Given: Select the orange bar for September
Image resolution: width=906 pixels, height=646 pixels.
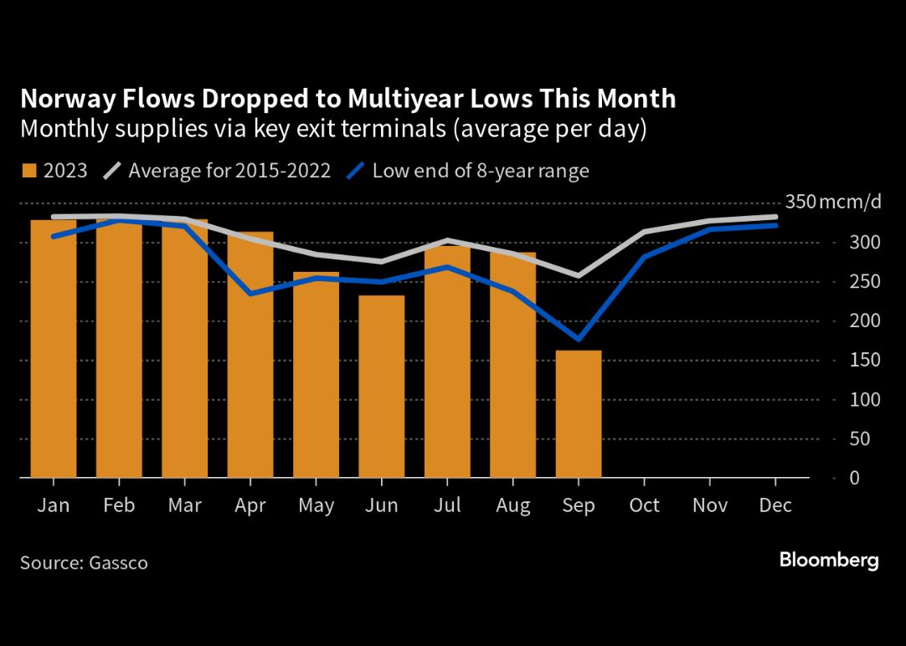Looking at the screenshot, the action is point(579,414).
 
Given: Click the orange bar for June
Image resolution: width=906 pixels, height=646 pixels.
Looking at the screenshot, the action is point(381,387).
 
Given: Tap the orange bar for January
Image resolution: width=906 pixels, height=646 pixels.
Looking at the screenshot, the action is point(53,349).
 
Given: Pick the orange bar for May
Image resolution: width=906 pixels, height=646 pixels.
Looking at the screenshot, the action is point(316,375).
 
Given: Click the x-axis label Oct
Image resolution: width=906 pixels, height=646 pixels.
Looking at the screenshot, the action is point(644,505).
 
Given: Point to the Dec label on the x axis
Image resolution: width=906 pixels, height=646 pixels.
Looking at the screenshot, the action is point(775,505).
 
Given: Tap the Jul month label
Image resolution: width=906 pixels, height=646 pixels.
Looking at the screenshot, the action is point(447,505).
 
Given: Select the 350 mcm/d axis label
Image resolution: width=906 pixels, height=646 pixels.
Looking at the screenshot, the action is point(833,202).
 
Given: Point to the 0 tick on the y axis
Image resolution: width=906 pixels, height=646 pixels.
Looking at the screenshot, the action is point(855,478).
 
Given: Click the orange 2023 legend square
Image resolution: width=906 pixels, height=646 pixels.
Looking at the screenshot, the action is point(29,171).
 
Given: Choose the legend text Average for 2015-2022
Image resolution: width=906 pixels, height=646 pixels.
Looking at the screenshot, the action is point(229,171).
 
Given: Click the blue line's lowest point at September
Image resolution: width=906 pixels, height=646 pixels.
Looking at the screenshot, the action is point(579,339).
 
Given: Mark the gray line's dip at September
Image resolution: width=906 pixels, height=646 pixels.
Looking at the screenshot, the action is point(579,276).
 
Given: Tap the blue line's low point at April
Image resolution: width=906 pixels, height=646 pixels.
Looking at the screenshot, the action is point(250,294).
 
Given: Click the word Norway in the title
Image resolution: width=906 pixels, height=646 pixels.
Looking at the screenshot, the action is point(67,100).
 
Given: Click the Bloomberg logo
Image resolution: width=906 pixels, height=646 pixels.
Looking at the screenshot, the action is point(829,560).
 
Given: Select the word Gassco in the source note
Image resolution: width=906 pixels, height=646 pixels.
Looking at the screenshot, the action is point(118,563).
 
